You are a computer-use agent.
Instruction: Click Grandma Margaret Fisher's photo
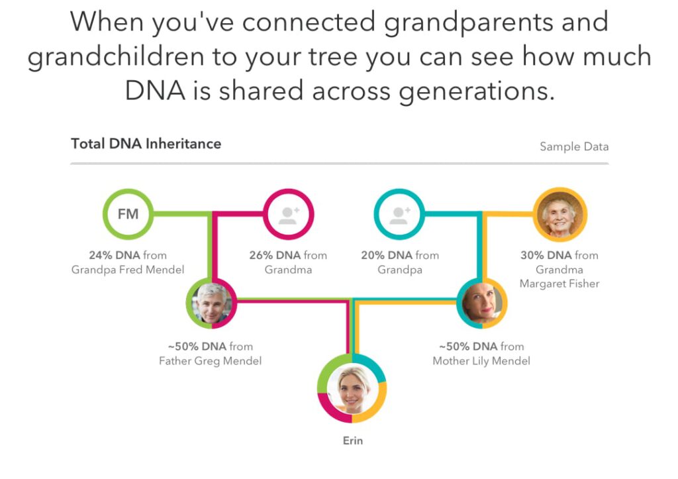pos(560,214)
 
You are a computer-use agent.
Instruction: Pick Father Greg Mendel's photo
pos(211,303)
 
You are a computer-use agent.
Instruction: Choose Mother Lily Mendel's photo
pos(482,303)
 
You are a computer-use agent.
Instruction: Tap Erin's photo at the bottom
pos(352,388)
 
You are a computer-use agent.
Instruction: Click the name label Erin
pos(353,441)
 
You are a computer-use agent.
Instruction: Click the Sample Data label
pos(574,146)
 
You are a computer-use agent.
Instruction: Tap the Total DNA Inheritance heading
pos(146,144)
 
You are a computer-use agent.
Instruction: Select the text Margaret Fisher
pos(559,284)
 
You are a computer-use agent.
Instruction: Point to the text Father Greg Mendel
pos(210,361)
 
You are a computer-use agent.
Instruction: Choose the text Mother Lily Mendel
pos(481,361)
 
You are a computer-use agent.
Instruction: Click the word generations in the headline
pos(477,91)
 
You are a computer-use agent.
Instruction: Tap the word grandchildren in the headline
pos(115,57)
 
